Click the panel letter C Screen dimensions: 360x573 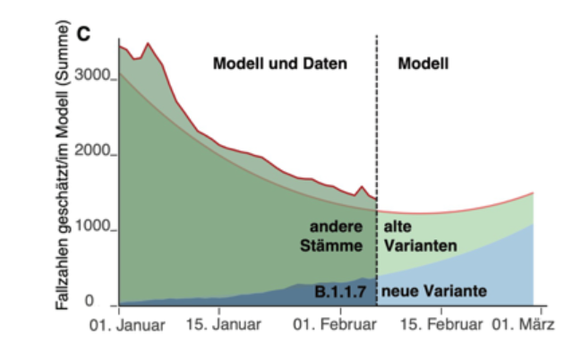tap(85, 35)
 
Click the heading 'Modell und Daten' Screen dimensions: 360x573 tap(279, 64)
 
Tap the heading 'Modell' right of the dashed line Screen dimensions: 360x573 tap(423, 64)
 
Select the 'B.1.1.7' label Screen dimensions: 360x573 tap(339, 291)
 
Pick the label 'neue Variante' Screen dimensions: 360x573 tap(434, 291)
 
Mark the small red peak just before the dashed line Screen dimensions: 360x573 tap(361, 187)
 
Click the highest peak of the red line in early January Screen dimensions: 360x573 tap(149, 43)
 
